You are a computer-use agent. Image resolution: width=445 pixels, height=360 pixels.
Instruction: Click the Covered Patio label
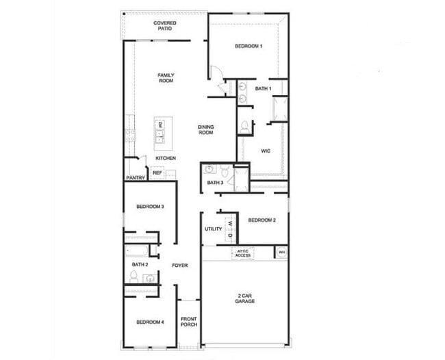tap(164, 26)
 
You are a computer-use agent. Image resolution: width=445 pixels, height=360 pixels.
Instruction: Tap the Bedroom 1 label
tap(249, 46)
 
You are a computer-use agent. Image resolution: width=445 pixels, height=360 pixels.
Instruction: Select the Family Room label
tap(166, 77)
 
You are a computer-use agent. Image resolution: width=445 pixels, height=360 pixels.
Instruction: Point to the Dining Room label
tap(206, 129)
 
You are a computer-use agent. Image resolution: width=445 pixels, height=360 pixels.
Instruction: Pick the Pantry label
tap(135, 178)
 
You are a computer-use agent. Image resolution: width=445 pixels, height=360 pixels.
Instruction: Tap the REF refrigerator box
tap(157, 173)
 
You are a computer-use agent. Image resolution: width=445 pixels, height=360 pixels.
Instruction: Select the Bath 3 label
tap(215, 183)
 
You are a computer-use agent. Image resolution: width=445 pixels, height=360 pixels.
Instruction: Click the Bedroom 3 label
tap(149, 207)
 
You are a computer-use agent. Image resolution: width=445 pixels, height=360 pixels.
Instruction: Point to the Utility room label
tap(214, 229)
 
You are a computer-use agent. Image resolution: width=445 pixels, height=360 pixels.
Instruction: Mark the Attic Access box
tap(244, 254)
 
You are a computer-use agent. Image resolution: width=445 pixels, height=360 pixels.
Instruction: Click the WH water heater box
tap(281, 253)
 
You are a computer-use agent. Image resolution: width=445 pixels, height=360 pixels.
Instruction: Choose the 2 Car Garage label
tap(244, 298)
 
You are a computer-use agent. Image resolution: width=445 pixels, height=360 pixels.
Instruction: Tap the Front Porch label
tap(189, 322)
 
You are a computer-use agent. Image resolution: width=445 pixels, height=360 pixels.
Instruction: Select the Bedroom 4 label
tap(149, 322)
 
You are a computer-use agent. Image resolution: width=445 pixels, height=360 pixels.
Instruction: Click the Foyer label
tap(180, 265)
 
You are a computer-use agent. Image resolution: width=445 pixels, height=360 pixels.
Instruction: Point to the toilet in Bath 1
tap(244, 127)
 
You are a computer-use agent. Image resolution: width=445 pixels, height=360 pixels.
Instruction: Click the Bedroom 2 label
tap(262, 220)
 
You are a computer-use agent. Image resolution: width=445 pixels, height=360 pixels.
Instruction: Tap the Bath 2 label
tap(140, 264)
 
